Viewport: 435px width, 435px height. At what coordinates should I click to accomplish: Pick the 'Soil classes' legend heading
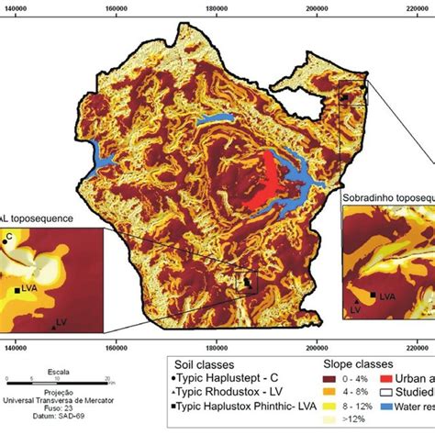[198, 362]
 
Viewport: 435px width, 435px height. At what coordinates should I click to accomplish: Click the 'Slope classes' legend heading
[318, 362]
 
